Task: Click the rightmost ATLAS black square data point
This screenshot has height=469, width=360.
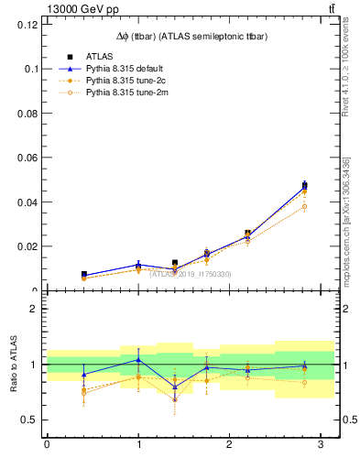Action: (304, 186)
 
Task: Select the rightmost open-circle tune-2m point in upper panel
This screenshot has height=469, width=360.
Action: (304, 206)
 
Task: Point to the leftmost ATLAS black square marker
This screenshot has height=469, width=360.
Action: (83, 274)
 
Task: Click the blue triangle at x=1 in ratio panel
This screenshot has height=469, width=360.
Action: (138, 359)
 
